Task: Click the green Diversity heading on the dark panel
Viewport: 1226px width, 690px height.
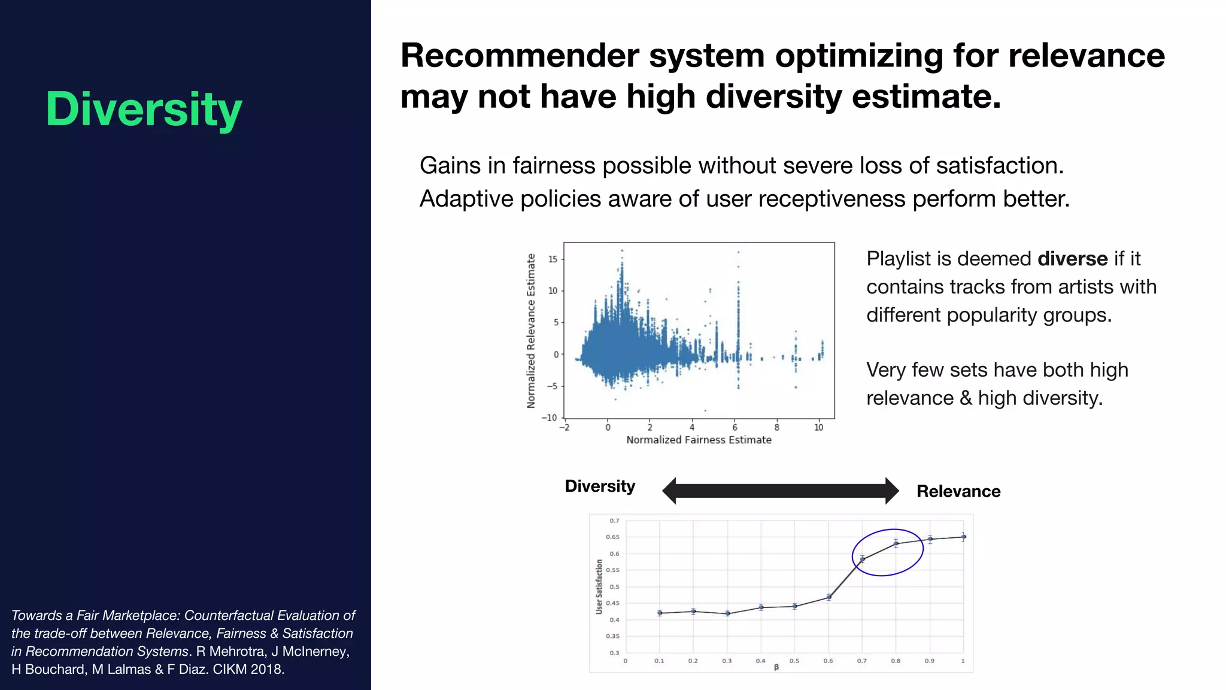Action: click(x=144, y=110)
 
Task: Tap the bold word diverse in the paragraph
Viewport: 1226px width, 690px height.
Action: click(x=1072, y=259)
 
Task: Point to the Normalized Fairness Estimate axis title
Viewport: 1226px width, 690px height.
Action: click(x=699, y=440)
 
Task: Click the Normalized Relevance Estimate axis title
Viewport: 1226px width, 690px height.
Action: click(x=531, y=331)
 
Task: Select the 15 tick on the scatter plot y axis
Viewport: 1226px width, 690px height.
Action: click(x=553, y=259)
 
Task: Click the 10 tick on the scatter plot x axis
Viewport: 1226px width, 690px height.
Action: click(x=818, y=428)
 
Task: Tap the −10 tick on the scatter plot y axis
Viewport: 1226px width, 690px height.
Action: click(x=550, y=417)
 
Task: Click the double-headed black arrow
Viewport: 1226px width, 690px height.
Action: click(x=780, y=491)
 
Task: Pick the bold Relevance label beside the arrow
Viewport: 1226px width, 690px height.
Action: click(x=958, y=492)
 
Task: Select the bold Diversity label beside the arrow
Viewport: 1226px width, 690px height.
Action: click(x=600, y=486)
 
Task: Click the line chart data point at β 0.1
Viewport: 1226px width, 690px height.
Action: click(x=660, y=613)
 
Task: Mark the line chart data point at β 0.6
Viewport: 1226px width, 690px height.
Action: click(x=829, y=597)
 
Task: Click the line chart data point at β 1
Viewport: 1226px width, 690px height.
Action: click(x=963, y=537)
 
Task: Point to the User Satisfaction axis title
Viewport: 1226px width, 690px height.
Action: click(x=599, y=586)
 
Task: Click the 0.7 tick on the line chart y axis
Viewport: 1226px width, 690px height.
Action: click(x=614, y=521)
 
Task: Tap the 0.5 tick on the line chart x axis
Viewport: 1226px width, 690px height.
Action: click(x=794, y=661)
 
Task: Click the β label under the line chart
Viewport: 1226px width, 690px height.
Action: click(x=776, y=667)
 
